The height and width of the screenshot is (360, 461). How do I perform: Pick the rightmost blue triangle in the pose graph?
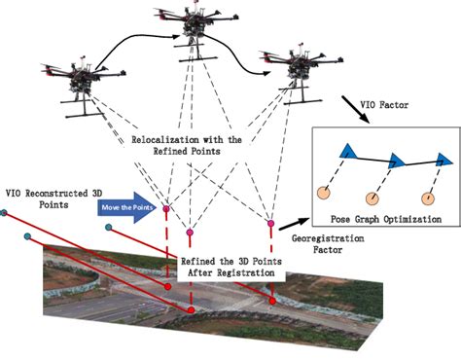[442, 159]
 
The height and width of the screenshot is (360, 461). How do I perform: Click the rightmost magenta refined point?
[269, 225]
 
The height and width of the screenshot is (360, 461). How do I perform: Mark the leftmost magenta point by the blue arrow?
[165, 208]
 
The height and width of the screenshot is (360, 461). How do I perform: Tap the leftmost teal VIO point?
[5, 211]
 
